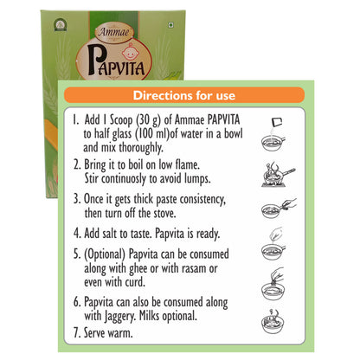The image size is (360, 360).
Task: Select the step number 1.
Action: click(79, 119)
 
